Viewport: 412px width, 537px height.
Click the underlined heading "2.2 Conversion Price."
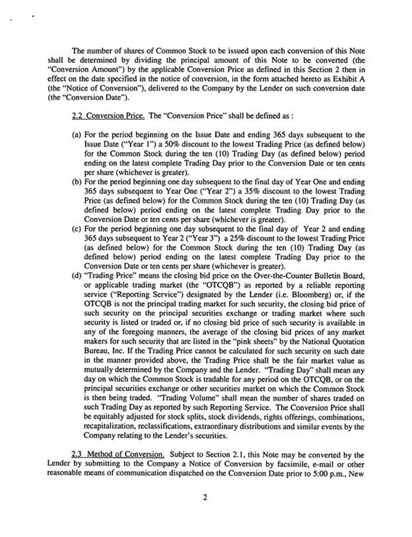(x=108, y=115)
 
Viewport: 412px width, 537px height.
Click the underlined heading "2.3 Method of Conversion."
(x=118, y=454)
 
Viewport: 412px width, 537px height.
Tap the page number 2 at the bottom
(x=205, y=497)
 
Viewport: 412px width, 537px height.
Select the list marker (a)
(x=76, y=135)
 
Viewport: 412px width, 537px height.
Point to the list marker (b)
(x=76, y=182)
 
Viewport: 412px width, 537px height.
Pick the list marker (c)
(x=76, y=229)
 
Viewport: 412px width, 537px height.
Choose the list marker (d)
(x=76, y=276)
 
